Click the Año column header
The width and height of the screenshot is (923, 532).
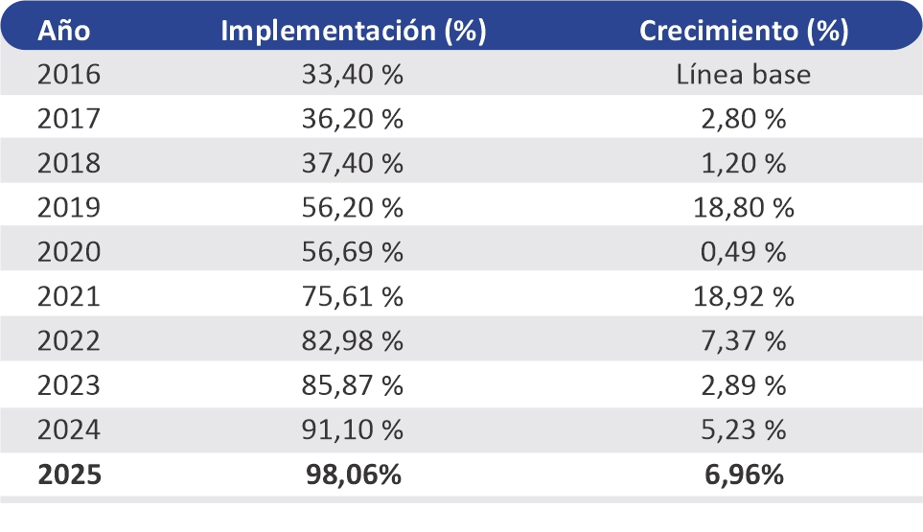[63, 30]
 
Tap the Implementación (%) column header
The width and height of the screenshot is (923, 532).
[354, 31]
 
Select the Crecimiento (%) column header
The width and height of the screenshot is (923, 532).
[744, 31]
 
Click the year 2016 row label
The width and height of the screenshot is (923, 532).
[69, 74]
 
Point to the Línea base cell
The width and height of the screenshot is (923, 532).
[743, 74]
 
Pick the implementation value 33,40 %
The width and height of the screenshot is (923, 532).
[353, 75]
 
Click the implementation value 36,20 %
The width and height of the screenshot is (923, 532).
[353, 119]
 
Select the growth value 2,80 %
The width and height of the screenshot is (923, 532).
[744, 119]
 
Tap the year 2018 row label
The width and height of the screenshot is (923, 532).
[69, 163]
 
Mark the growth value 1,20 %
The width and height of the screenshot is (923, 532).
[744, 164]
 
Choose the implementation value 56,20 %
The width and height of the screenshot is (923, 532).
[353, 208]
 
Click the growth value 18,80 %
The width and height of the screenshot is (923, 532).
[744, 208]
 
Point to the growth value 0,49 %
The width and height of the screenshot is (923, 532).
[744, 252]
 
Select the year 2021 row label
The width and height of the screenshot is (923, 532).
[69, 296]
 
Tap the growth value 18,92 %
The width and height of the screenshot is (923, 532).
[744, 296]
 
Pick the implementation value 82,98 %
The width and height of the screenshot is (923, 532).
[353, 341]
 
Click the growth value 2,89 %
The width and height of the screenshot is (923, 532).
[744, 385]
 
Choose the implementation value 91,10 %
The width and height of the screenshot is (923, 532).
[353, 430]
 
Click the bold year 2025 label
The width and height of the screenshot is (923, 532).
[69, 474]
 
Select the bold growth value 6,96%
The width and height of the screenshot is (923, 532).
[744, 474]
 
